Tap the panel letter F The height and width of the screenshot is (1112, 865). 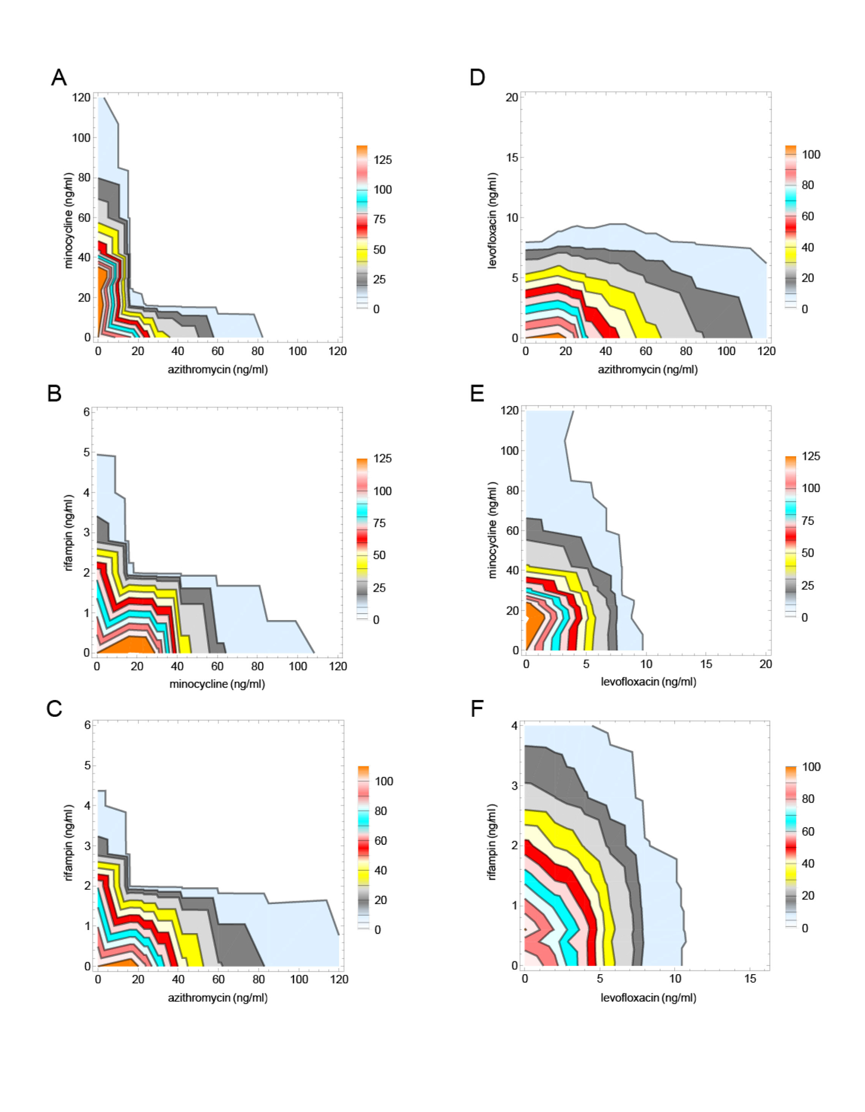coord(476,708)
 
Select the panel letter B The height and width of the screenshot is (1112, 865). coord(54,394)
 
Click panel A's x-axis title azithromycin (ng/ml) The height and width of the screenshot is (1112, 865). coord(217,369)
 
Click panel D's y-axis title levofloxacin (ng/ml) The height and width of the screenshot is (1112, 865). coord(492,221)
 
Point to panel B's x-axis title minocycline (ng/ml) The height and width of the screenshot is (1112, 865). coord(217,684)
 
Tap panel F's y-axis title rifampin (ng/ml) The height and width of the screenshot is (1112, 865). coord(492,842)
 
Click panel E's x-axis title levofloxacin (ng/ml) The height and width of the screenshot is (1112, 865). coord(648,682)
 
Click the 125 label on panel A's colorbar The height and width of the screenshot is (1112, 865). coord(382,160)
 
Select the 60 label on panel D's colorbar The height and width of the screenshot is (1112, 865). coord(807,216)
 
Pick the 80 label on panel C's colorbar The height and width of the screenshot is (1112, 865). coord(381,811)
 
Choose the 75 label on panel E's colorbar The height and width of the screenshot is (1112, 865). coord(807,521)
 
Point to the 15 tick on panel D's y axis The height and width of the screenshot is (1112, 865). coord(511,157)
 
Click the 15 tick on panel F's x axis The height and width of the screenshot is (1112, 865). coord(750,978)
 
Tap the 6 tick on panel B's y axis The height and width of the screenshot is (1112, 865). coord(86,412)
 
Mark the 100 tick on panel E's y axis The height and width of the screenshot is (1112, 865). coord(509,450)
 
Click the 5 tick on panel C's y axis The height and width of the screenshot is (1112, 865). coord(87,765)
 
